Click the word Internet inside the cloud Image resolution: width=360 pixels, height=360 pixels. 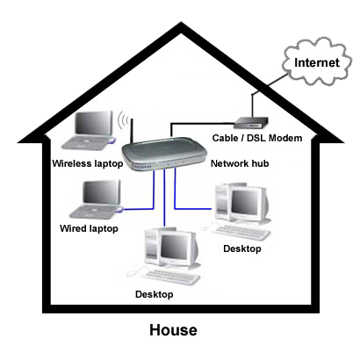pos(317,62)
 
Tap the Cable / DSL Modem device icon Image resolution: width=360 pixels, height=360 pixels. pos(251,123)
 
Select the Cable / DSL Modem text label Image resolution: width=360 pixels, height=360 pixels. pos(257,138)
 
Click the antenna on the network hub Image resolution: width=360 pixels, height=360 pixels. pos(132,131)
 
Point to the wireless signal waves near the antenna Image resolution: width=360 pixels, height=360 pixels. pos(123,120)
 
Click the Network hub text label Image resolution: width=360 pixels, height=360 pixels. pos(240,163)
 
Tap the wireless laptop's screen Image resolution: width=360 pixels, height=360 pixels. pos(93,123)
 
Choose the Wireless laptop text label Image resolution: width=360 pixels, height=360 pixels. pos(88,163)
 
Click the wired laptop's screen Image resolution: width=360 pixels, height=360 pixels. pos(102,192)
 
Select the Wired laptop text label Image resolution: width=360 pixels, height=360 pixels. pos(89,228)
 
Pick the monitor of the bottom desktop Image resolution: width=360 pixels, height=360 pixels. pos(175,248)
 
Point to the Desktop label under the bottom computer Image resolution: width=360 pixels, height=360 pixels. pos(155,294)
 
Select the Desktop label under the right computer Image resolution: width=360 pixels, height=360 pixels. pos(242,248)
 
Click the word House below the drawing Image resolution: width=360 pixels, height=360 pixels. pos(173,330)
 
